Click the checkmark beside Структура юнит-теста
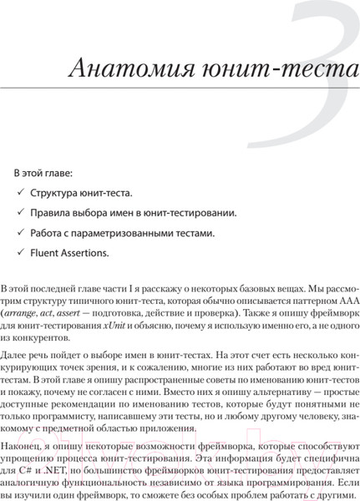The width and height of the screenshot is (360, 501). click(x=21, y=192)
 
